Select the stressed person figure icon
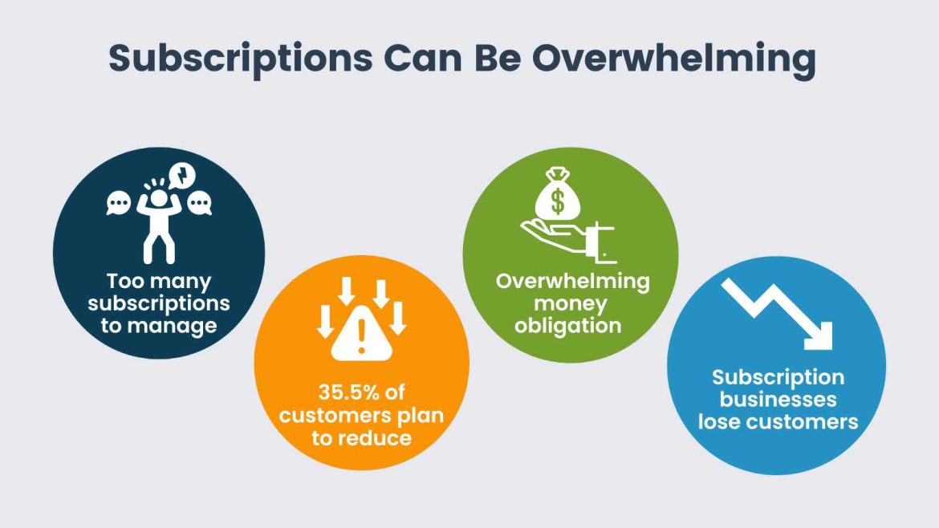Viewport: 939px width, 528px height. point(158,221)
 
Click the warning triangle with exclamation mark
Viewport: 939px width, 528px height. point(361,336)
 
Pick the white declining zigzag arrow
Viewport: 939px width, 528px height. point(776,315)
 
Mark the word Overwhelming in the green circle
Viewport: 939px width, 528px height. point(572,282)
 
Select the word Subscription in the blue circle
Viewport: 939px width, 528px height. point(778,376)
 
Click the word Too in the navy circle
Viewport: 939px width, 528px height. point(125,282)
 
